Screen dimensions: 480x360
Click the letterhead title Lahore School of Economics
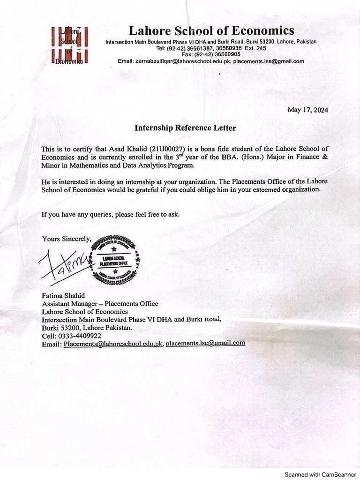click(211, 31)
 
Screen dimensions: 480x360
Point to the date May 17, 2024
click(307, 110)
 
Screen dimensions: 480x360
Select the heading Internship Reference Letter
click(186, 127)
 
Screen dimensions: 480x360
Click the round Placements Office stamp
click(114, 261)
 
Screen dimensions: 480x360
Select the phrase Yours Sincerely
click(66, 239)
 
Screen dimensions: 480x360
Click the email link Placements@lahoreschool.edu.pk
click(113, 344)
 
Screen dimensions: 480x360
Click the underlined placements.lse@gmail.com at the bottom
click(205, 343)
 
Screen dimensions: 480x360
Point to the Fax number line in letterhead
click(210, 54)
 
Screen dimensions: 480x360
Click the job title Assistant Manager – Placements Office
click(100, 304)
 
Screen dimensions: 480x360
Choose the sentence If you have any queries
click(111, 214)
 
